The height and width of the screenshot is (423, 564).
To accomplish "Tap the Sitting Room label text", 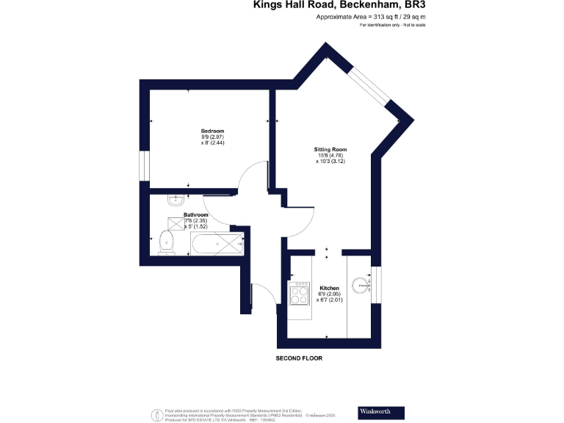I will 330,149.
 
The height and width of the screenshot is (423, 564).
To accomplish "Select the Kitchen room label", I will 329,289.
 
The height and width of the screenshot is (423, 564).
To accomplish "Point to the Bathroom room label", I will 176,214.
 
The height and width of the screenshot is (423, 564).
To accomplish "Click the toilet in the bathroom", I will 167,241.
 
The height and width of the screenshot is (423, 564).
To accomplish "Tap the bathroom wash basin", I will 176,199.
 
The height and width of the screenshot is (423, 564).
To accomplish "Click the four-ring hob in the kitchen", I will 300,294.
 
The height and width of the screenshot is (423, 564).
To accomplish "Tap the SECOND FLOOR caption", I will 299,358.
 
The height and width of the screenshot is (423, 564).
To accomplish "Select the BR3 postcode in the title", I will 411,5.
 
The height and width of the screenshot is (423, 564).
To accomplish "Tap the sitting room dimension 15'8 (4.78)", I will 330,155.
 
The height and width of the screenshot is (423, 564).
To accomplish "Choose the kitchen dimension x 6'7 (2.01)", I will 330,300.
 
